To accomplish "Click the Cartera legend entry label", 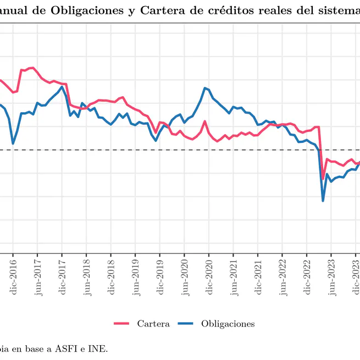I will pos(153,324).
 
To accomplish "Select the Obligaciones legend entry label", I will pos(228,324).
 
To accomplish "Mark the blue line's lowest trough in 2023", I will pos(323,201).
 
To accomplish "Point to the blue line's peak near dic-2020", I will pos(205,88).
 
